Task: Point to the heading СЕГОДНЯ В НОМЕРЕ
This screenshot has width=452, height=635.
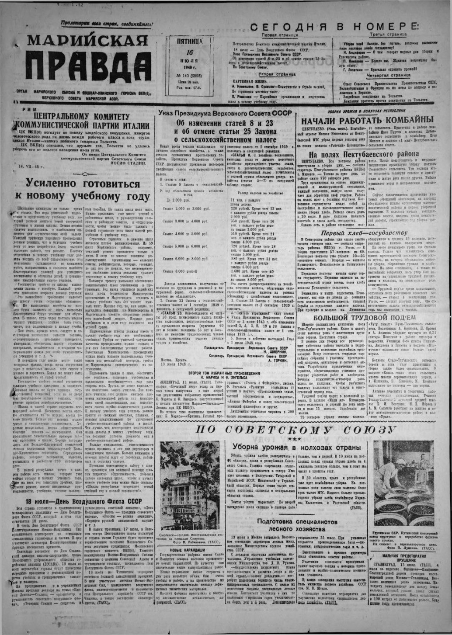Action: click(x=336, y=27)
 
